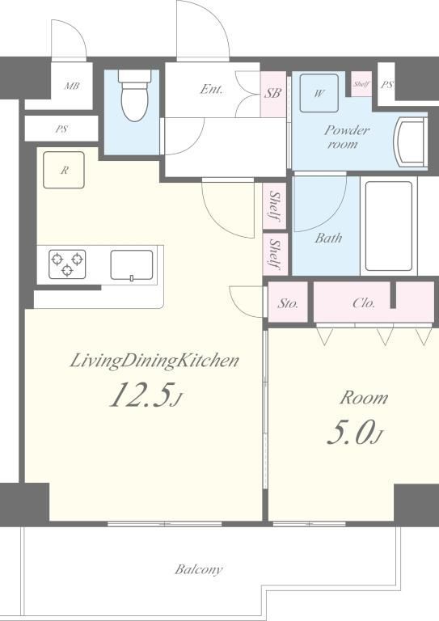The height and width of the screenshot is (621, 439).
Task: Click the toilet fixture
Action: click(134, 95)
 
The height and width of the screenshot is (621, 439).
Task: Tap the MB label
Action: click(72, 86)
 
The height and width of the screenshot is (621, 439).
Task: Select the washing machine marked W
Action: click(319, 93)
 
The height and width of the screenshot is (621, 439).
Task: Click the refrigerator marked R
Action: click(64, 170)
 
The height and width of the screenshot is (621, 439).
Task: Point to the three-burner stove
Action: click(67, 264)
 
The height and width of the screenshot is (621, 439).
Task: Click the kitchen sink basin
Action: click(132, 265)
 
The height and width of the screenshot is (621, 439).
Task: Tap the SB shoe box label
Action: click(272, 93)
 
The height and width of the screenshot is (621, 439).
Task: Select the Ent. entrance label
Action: click(211, 89)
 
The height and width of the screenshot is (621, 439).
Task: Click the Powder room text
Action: click(347, 137)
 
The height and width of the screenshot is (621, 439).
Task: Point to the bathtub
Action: click(390, 226)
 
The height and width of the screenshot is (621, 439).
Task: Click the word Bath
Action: click(328, 238)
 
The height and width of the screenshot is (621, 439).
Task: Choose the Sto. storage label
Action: click(288, 303)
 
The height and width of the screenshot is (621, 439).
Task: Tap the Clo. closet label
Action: click(364, 303)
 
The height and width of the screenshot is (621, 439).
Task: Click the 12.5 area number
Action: click(146, 395)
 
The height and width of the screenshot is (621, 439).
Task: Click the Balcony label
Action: click(199, 569)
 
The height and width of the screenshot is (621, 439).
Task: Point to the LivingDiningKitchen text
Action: click(154, 361)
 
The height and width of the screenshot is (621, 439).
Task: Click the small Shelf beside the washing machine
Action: click(361, 84)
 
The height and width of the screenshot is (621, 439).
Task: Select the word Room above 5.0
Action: click(364, 398)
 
